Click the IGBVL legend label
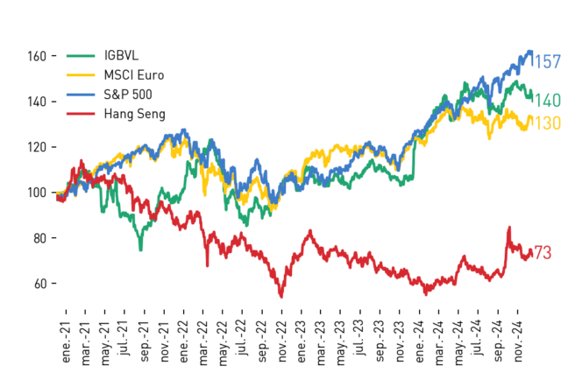coord(121,55)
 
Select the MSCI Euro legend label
coord(134,75)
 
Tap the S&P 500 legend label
coord(128,95)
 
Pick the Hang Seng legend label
coord(134,114)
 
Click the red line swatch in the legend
coord(81,114)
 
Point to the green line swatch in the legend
coord(81,56)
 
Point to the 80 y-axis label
coord(40,238)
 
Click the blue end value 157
coord(547,62)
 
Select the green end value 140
coord(547,101)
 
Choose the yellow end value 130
coord(547,123)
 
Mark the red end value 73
coord(543,253)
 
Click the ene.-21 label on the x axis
coord(67,342)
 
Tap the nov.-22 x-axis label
coord(282,342)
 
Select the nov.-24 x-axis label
coord(518,342)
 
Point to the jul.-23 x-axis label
coord(360,338)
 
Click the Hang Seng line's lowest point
coord(281,297)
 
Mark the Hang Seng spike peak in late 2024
coord(509,228)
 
